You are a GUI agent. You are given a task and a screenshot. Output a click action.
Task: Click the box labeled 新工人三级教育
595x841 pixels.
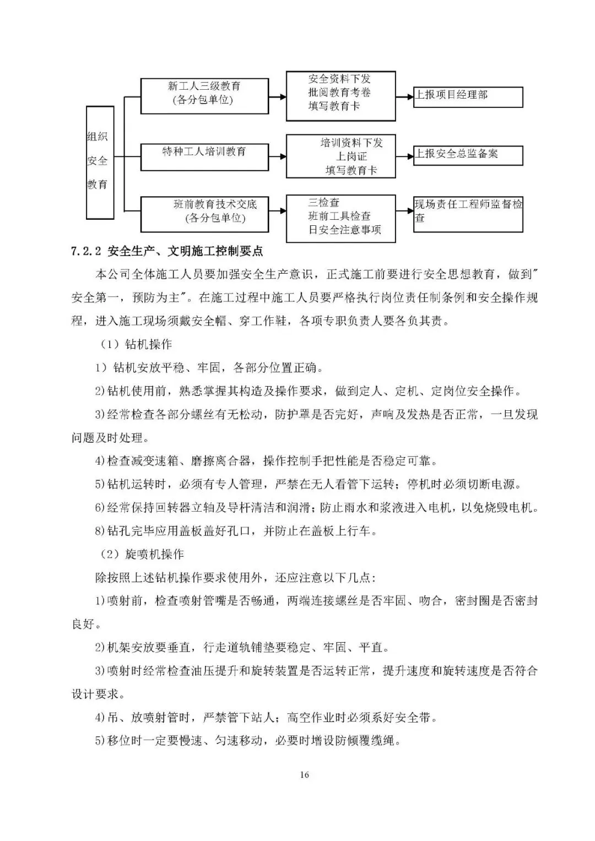click(204, 96)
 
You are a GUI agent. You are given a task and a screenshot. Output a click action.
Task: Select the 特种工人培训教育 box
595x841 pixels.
click(204, 157)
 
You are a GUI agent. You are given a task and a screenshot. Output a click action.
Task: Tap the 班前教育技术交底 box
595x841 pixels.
click(204, 214)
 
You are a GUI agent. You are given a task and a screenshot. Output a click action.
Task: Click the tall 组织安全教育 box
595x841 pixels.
click(100, 162)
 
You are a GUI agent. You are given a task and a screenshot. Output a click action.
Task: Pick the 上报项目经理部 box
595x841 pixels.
click(468, 96)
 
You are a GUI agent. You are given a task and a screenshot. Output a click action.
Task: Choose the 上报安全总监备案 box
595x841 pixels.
click(468, 155)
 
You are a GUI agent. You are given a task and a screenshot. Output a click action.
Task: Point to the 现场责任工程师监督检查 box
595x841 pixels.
click(468, 214)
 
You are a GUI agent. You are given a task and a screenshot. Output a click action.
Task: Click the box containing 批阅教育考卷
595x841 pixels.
click(340, 96)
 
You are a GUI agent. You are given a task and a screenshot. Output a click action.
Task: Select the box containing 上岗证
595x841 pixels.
click(340, 156)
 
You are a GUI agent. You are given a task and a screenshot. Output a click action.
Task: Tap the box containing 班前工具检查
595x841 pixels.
click(340, 218)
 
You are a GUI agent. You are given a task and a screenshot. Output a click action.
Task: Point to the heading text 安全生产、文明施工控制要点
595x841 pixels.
click(186, 252)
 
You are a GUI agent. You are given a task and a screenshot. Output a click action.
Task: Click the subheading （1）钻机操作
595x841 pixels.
click(136, 344)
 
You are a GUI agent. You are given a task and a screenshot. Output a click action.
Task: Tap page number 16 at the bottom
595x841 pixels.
click(305, 775)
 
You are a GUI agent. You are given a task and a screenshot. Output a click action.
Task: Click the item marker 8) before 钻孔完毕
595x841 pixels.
click(100, 531)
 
